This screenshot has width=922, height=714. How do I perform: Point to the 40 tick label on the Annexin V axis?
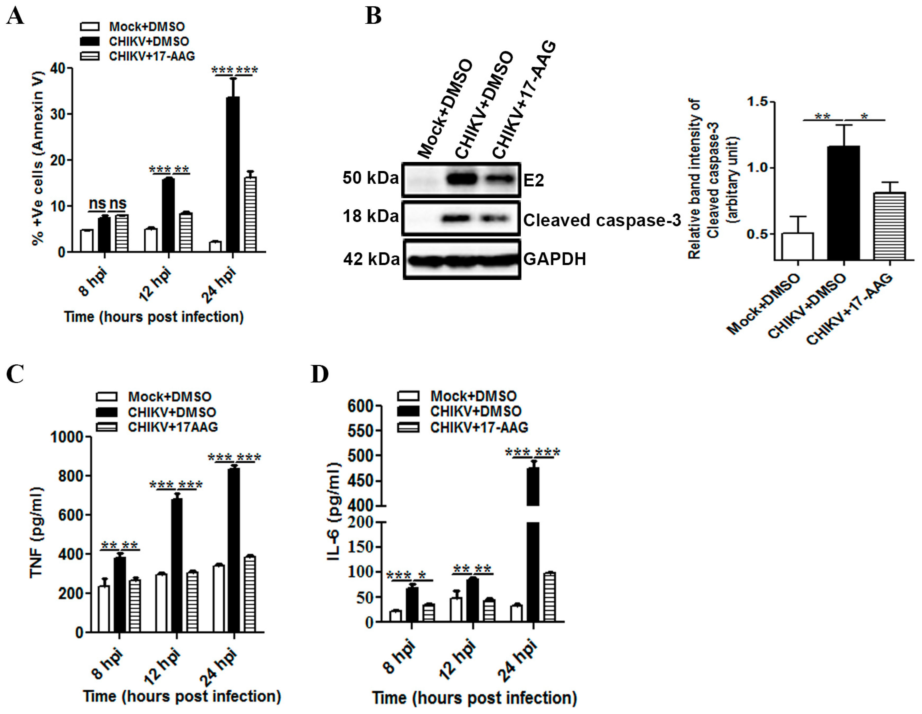coord(58,68)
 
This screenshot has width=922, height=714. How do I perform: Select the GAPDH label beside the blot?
coord(554,259)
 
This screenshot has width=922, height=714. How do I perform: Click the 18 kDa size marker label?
coord(370,216)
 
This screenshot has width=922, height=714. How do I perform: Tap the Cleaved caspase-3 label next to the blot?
coord(602,220)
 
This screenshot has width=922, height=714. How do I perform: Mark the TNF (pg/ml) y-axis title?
coord(36,533)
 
